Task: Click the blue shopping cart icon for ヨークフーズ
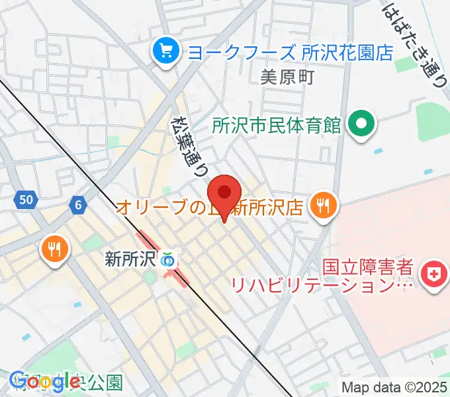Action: (x=163, y=52)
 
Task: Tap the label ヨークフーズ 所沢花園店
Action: (x=286, y=52)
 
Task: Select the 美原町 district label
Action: (x=287, y=77)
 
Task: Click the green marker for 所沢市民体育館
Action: (x=361, y=124)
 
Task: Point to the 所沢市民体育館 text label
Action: (x=277, y=124)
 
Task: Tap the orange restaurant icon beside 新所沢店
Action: (x=323, y=206)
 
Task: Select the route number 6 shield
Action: (x=78, y=206)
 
